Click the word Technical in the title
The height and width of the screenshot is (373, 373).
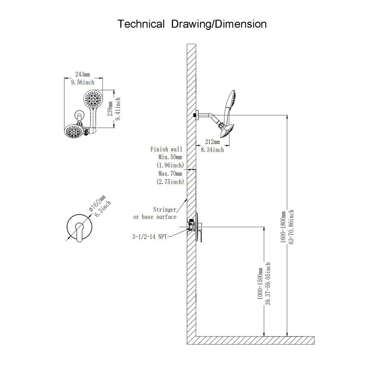pos(141,24)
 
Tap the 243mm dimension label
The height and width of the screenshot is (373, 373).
pos(83,75)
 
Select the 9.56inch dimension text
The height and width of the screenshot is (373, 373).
pos(83,83)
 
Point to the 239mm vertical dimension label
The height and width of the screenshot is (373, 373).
pos(110,109)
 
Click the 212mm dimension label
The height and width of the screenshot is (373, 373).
pos(213,142)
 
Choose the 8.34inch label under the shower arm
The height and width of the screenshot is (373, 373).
pos(213,150)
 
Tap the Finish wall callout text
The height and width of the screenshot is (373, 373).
pos(166,149)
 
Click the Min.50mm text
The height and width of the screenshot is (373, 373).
pos(170,157)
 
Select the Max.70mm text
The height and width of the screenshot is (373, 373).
pos(170,173)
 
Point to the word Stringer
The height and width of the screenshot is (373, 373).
pos(165,209)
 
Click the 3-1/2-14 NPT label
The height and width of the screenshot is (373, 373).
pos(150,236)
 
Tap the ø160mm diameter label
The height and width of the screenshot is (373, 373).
pos(97,203)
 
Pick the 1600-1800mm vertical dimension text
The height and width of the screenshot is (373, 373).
pos(283,227)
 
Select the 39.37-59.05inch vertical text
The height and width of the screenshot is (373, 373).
pos(268,284)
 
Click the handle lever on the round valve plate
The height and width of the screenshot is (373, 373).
pos(79,232)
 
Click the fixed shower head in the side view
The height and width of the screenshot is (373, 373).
pos(227,131)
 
